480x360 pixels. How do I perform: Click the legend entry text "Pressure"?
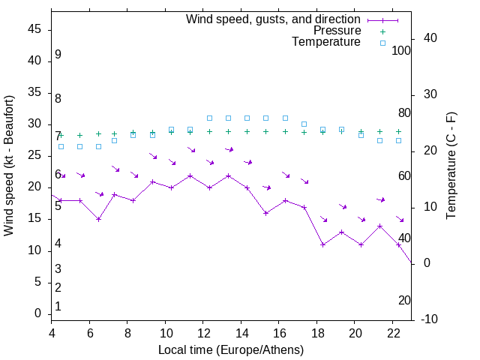337,31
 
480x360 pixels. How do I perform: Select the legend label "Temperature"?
326,42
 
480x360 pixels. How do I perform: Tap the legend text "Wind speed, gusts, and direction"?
273,19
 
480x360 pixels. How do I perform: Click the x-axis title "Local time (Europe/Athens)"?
231,349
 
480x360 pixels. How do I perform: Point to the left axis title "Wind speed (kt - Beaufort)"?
9,166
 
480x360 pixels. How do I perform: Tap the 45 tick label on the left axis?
34,30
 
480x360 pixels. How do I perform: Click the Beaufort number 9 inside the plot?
58,55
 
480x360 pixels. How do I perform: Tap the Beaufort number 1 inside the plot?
58,306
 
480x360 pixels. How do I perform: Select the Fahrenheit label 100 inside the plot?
401,50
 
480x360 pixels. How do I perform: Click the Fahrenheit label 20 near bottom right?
404,300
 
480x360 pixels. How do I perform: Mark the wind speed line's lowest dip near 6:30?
98,219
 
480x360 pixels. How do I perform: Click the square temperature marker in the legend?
382,43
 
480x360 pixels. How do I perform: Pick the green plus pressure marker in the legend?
382,31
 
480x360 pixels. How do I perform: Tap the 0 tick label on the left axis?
38,313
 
